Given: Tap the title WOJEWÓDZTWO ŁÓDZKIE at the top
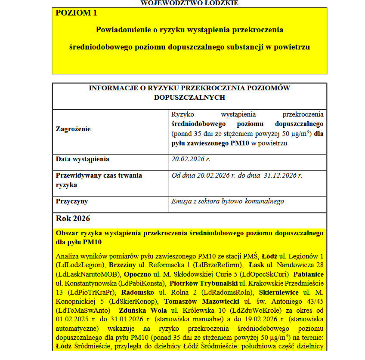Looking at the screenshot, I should tap(189, 3).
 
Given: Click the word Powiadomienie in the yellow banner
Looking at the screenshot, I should tap(121, 30).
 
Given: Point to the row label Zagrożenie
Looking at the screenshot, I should tap(73, 129).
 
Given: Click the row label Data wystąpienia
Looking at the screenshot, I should tap(83, 159).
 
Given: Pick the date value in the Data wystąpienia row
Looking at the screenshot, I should tap(191, 159).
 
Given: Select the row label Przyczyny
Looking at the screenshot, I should tap(72, 201).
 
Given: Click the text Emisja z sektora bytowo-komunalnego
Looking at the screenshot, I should tap(228, 201).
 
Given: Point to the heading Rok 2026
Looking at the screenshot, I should tap(73, 218).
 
